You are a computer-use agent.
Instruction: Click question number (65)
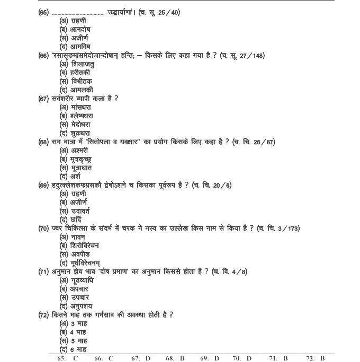44,12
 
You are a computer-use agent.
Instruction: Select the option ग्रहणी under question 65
77,21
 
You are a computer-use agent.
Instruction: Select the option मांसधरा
80,107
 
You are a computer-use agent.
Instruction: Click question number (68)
44,142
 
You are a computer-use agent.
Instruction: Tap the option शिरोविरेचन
84,245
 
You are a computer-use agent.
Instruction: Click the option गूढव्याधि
82,280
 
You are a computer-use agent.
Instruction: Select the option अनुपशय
79,306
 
